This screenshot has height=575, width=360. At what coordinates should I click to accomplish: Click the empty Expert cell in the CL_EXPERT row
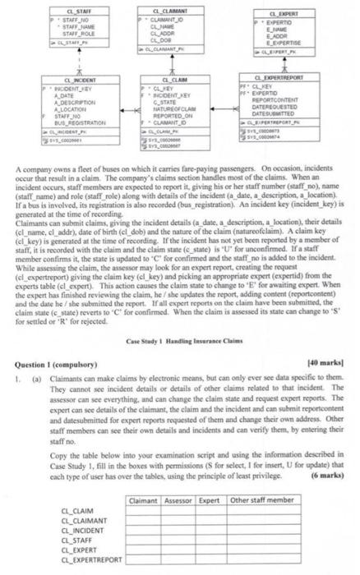pyautogui.click(x=217, y=552)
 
